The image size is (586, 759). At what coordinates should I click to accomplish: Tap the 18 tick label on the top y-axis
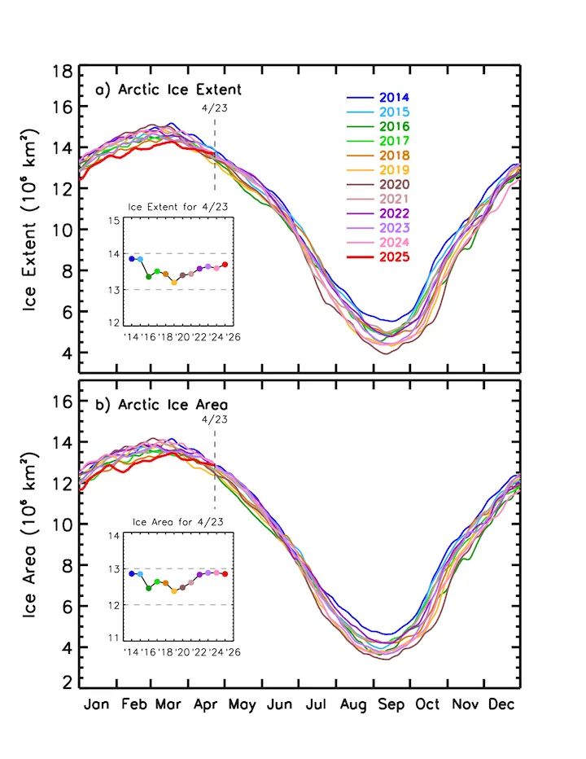coord(63,71)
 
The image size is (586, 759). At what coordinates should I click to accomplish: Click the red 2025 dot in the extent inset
coord(225,265)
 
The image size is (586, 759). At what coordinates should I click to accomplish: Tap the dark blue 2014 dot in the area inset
coord(131,573)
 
